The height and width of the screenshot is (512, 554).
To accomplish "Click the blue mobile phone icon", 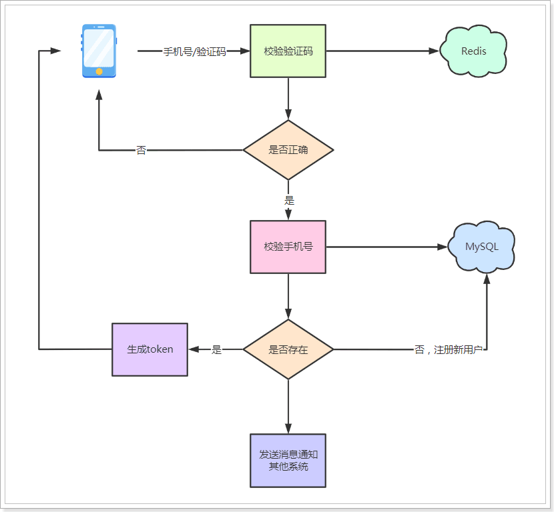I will click(x=99, y=51).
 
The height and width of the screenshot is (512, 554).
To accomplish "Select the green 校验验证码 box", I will click(x=288, y=51).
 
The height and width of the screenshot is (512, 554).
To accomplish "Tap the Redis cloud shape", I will click(x=473, y=51).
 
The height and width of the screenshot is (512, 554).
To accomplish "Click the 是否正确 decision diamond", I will click(x=288, y=150).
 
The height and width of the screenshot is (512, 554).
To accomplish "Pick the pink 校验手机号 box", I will click(x=288, y=247).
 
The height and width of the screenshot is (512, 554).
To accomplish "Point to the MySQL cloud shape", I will click(x=482, y=247).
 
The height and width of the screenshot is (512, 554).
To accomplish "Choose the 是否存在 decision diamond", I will click(x=288, y=349).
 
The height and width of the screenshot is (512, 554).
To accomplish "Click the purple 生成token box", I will click(x=150, y=349).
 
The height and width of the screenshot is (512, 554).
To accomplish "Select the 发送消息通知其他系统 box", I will click(x=288, y=461).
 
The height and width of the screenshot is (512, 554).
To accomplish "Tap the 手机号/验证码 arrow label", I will click(x=194, y=51).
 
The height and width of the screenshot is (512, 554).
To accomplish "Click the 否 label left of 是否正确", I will click(x=141, y=151).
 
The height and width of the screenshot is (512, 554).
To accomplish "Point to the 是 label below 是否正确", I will click(x=289, y=200).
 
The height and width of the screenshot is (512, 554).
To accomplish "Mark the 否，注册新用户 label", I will click(x=449, y=350).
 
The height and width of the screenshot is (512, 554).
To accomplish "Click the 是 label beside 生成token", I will click(x=216, y=349).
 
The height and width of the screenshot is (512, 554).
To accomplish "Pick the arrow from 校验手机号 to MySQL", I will click(x=386, y=247).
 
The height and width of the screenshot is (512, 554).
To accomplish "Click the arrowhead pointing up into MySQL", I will click(x=487, y=280).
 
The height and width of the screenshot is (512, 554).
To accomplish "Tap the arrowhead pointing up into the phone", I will click(x=99, y=95).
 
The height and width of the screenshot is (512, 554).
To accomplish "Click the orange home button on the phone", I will click(x=99, y=71).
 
